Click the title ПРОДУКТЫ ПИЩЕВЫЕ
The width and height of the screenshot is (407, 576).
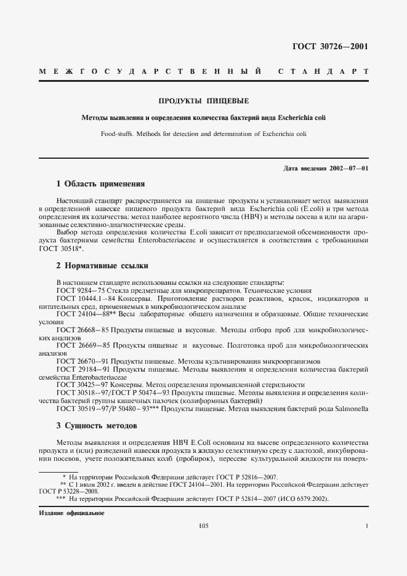pyautogui.click(x=204, y=100)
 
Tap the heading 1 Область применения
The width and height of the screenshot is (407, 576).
pyautogui.click(x=100, y=183)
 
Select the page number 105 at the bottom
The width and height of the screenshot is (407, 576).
pyautogui.click(x=204, y=526)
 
